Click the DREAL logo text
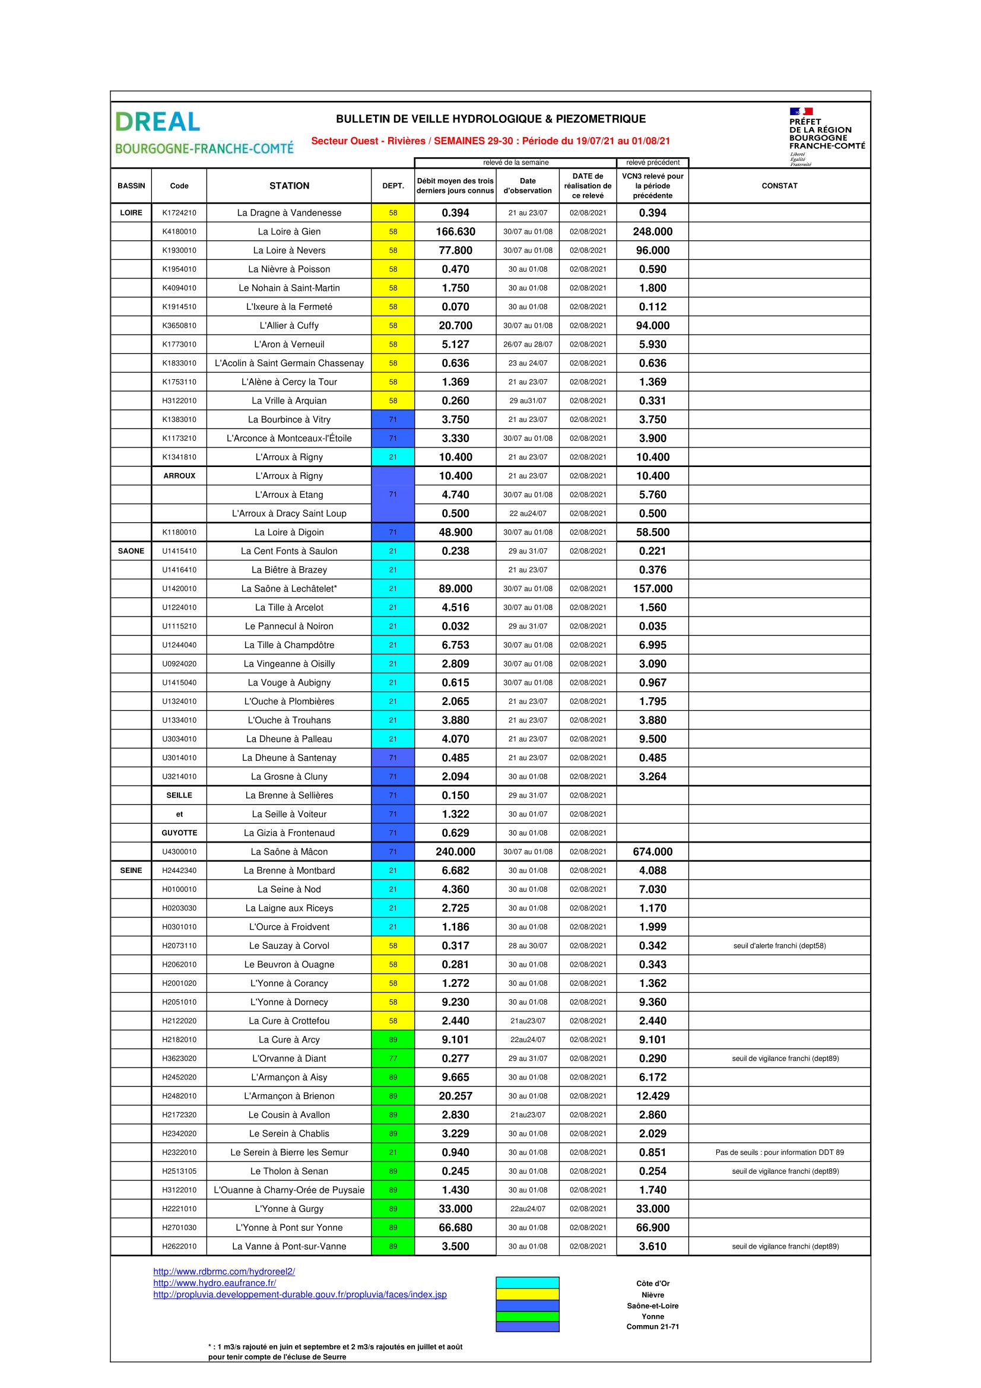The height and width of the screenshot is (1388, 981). [157, 122]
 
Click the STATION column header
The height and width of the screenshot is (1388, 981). [289, 186]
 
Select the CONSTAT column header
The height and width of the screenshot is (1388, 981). [779, 186]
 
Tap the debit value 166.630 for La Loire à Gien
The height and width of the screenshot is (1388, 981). [455, 231]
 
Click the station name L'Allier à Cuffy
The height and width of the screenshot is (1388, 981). [289, 325]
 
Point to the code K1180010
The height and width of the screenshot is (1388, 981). [179, 532]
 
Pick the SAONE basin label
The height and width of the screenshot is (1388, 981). [131, 551]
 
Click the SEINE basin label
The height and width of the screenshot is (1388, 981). [131, 870]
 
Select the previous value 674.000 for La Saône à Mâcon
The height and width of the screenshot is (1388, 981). [652, 851]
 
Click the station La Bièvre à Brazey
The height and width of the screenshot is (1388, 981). [289, 570]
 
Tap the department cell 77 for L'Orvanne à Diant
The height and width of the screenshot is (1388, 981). [393, 1058]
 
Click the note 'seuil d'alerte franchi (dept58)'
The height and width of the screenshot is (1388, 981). [779, 945]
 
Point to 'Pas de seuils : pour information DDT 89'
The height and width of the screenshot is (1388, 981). [779, 1152]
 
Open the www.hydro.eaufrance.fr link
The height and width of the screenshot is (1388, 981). [215, 1283]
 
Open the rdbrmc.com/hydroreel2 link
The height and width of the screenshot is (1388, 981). [224, 1271]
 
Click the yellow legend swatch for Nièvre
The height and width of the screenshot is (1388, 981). [527, 1294]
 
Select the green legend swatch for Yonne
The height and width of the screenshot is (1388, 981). [527, 1316]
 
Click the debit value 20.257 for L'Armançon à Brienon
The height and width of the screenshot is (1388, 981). [455, 1095]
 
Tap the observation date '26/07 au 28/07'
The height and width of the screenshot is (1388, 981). [528, 344]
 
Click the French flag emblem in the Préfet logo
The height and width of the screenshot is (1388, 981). [801, 111]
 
